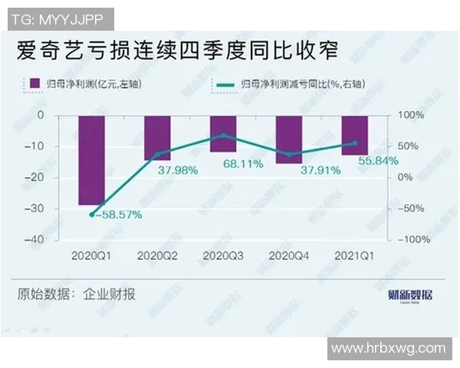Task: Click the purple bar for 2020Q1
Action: point(91,159)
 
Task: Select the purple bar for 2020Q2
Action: point(157,137)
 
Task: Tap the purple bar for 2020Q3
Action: point(223,133)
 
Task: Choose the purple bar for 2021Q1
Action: point(354,135)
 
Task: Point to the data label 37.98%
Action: point(179,169)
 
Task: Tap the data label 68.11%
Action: point(244,163)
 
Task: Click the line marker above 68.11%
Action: point(223,135)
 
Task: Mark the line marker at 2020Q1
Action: point(91,215)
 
